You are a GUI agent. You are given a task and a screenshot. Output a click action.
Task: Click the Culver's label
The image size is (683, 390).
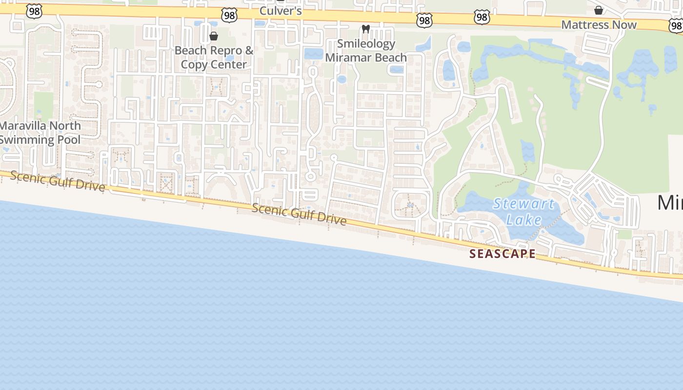click(281, 10)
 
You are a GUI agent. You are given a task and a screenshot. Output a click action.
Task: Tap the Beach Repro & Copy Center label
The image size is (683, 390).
click(214, 57)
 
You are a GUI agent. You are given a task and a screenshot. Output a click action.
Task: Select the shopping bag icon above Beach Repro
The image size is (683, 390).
click(213, 36)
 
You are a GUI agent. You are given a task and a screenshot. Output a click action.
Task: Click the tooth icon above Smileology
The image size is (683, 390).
click(365, 29)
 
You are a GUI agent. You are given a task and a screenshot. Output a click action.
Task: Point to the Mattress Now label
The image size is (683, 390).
click(599, 24)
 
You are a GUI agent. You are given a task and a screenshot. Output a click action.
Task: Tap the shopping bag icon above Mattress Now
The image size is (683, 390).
click(599, 10)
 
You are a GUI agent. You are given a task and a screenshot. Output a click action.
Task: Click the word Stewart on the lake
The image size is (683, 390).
click(523, 204)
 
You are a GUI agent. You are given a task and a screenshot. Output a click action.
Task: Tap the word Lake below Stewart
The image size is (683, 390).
click(524, 220)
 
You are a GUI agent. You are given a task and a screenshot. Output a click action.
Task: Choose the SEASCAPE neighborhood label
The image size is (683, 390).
click(502, 253)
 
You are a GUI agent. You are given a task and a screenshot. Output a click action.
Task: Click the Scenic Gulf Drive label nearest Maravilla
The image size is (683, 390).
click(58, 182)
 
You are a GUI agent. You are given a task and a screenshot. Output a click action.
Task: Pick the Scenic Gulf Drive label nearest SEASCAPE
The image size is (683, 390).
click(299, 214)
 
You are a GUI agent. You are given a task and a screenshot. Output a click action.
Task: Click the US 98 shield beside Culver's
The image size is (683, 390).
click(229, 15)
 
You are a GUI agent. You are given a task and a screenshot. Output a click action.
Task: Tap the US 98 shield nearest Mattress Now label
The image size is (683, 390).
click(676, 25)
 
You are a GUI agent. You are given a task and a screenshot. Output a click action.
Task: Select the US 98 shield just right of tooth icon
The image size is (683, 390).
click(424, 20)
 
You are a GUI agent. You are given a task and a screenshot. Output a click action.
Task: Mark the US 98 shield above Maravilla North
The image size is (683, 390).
click(34, 11)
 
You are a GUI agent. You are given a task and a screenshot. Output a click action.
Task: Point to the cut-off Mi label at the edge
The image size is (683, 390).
click(670, 202)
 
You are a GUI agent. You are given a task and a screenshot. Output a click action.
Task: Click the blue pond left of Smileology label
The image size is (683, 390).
click(313, 54)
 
